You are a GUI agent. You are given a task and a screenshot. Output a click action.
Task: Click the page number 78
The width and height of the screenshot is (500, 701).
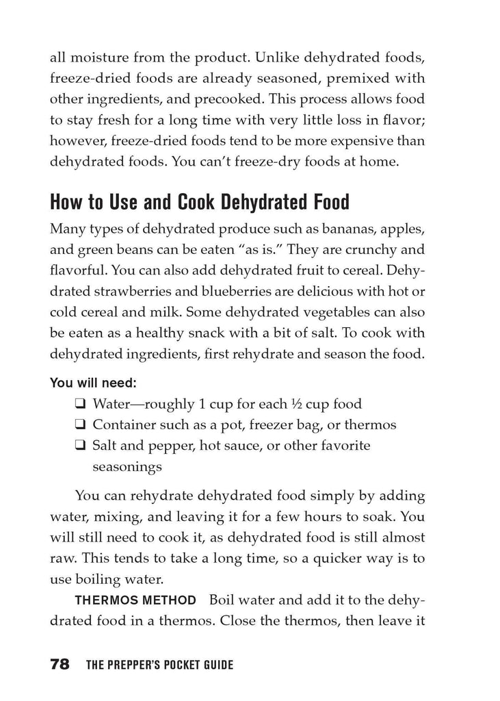point(60,664)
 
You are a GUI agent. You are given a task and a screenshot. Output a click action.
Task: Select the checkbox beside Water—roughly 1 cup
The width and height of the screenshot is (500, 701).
point(81,404)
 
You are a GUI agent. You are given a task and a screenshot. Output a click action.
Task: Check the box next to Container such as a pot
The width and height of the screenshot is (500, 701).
point(81,425)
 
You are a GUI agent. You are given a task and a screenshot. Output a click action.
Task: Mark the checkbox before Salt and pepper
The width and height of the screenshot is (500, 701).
point(81,446)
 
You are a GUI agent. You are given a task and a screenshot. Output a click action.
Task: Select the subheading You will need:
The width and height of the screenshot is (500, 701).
point(97,383)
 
